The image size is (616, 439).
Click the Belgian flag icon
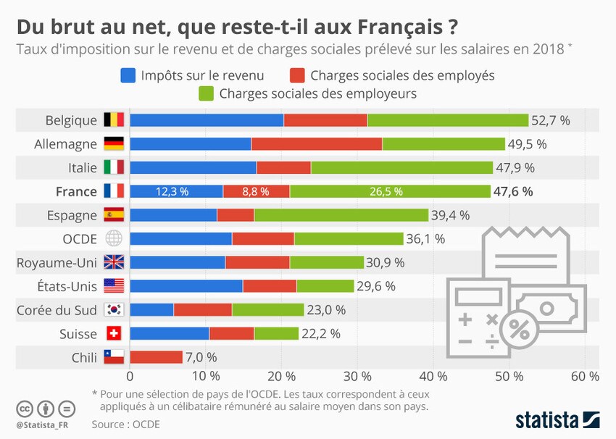click(115, 120)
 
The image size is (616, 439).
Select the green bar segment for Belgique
click(448, 120)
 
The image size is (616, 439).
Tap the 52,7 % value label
click(551, 120)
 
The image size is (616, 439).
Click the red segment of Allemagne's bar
click(317, 144)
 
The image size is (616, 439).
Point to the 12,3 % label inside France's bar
click(172, 192)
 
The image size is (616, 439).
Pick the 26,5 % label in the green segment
click(389, 192)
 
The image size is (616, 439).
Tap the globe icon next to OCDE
click(115, 239)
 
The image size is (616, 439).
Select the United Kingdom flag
click(115, 262)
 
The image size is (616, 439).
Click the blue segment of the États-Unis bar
click(186, 286)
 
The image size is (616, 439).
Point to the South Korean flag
click(115, 310)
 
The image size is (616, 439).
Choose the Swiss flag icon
click(115, 334)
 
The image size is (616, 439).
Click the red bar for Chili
click(156, 357)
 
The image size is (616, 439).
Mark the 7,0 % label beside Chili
click(202, 357)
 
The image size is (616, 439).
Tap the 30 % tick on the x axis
click(357, 377)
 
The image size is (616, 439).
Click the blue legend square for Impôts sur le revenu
click(128, 75)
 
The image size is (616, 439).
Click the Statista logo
click(557, 420)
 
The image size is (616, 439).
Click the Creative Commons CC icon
click(25, 409)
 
